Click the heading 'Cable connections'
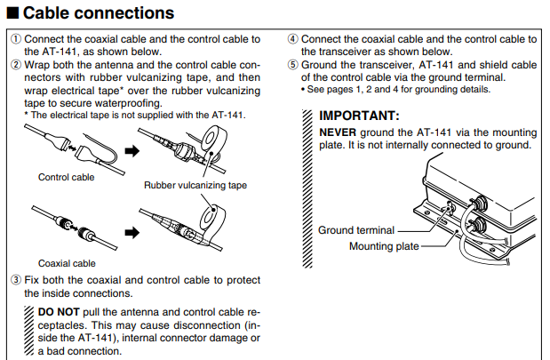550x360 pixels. tap(98, 13)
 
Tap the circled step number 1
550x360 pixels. tap(16, 39)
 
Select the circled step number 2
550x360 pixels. tap(16, 64)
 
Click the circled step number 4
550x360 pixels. tap(293, 39)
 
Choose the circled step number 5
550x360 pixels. tap(293, 64)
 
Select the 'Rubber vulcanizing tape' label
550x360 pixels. tap(195, 186)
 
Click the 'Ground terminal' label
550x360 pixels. tap(355, 231)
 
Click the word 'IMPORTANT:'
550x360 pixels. tap(360, 116)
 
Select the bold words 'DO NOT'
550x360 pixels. tap(59, 313)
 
